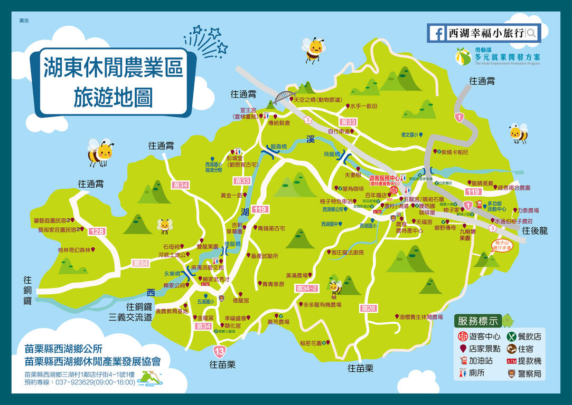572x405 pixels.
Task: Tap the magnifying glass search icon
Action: point(531,33)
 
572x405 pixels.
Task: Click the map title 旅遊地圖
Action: point(113,97)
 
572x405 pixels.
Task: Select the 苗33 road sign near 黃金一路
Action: point(242,181)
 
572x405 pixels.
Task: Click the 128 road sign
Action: point(97,232)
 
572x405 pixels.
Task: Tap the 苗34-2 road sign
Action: point(307,288)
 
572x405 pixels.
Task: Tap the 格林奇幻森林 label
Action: point(74,250)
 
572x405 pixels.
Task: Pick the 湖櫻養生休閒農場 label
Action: point(420,317)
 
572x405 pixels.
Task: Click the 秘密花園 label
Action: point(311,343)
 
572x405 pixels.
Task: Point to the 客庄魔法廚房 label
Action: point(347,253)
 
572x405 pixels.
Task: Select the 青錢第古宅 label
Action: point(271,228)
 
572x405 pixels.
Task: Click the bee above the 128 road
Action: point(100,152)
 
